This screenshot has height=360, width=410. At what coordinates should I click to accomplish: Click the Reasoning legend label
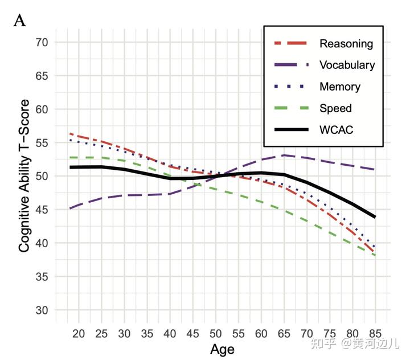(x=346, y=44)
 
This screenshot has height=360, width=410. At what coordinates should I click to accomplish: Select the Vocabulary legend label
(x=347, y=65)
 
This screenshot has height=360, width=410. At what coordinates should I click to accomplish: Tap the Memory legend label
(x=339, y=87)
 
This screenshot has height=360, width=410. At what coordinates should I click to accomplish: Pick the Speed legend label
(x=335, y=108)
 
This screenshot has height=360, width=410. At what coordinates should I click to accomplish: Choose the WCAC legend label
(x=337, y=130)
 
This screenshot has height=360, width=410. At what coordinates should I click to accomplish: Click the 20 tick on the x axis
(x=79, y=333)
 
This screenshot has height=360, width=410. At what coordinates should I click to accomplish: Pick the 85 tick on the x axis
(x=375, y=333)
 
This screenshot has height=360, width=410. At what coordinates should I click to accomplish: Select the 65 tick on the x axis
(x=284, y=333)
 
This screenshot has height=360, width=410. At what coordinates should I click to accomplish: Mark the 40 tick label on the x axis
(x=170, y=333)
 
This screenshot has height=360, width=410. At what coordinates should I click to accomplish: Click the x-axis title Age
(x=222, y=349)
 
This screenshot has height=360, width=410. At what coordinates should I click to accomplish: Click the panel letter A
(x=19, y=21)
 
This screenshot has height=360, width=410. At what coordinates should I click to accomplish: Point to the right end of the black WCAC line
(x=375, y=217)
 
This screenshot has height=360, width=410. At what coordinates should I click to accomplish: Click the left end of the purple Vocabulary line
(x=69, y=208)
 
